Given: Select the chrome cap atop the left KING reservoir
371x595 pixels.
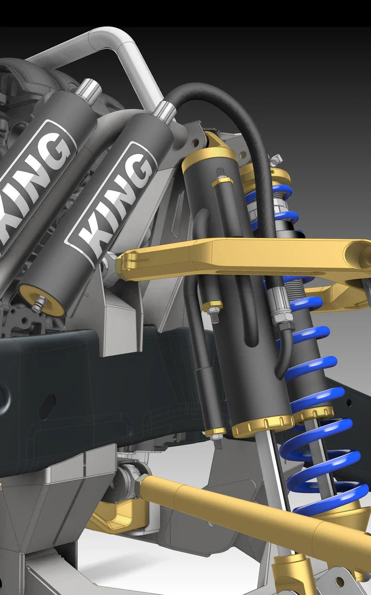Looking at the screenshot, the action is [x=88, y=90].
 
